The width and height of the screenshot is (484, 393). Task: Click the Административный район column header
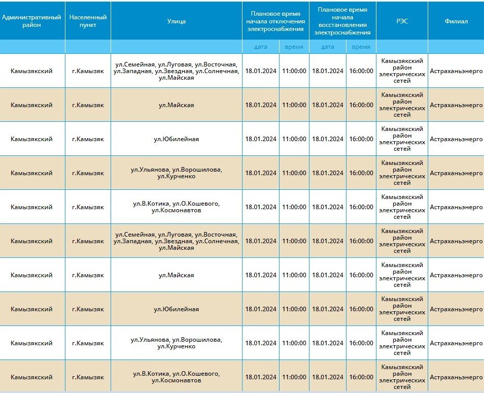point(32,21)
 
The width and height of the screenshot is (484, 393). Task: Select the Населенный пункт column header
point(88,21)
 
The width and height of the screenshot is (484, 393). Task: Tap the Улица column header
point(176,21)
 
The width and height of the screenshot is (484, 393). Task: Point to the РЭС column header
point(402,21)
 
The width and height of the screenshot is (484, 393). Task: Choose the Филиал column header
point(456,21)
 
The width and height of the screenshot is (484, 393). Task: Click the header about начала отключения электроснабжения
point(275,21)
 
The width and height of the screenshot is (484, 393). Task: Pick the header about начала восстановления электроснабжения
point(342,21)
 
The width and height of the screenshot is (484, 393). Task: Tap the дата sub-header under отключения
point(261,47)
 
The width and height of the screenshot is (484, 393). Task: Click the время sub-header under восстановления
point(361,47)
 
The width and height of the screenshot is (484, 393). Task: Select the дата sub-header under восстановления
point(328,47)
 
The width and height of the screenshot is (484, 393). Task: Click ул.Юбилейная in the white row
point(176,139)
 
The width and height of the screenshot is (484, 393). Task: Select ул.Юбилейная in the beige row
point(176,309)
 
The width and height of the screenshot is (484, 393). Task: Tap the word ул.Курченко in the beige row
point(176,176)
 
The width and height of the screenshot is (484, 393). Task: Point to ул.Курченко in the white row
point(176,346)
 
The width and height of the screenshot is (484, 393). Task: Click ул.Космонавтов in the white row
point(176,210)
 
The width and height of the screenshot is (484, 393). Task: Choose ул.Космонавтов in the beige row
point(176,380)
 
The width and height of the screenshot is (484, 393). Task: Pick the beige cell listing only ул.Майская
point(176,105)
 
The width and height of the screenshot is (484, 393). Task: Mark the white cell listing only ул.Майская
point(176,275)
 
